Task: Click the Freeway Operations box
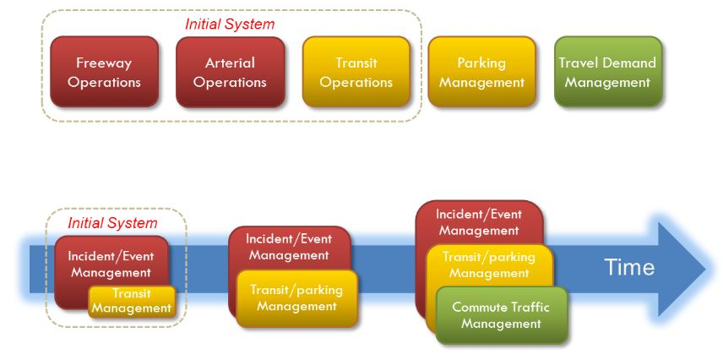coord(104,72)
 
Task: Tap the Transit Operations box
coord(356,72)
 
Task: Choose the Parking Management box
coord(481,72)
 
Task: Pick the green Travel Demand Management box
coord(607,72)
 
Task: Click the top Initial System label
coord(230,24)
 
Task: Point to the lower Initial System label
coord(112,223)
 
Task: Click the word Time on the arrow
coord(628,268)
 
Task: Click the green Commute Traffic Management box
coord(500,315)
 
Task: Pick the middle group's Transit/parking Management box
coord(296,297)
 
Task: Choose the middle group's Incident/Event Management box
coord(290,247)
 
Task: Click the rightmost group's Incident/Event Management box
coord(478,221)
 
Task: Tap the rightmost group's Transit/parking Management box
coord(489,265)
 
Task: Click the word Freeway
coord(104,63)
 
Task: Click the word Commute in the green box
coord(477,307)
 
